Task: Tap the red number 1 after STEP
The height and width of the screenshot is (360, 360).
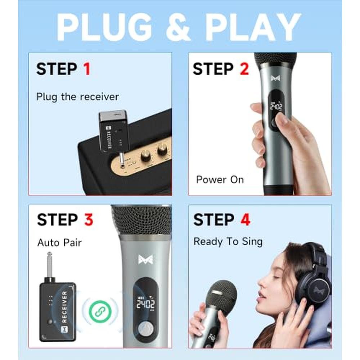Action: pyautogui.click(x=87, y=69)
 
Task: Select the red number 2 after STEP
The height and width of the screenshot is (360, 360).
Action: pyautogui.click(x=244, y=69)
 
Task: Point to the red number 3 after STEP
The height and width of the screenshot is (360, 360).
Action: pyautogui.click(x=89, y=220)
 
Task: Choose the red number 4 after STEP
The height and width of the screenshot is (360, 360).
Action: pyautogui.click(x=246, y=220)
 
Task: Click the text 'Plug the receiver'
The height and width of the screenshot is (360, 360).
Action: pyautogui.click(x=78, y=97)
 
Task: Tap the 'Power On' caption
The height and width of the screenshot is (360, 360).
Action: pyautogui.click(x=220, y=180)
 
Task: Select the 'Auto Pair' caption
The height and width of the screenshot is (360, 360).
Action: pyautogui.click(x=59, y=243)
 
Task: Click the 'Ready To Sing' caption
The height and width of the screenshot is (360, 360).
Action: pyautogui.click(x=228, y=242)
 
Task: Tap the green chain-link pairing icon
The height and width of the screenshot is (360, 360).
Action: pyautogui.click(x=100, y=311)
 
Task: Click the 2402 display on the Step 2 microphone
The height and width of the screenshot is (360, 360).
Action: pyautogui.click(x=276, y=107)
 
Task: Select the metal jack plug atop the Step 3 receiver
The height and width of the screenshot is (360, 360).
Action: pyautogui.click(x=49, y=266)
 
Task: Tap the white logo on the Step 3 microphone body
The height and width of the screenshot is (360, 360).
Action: pyautogui.click(x=145, y=260)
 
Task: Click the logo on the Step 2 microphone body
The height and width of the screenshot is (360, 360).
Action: pyautogui.click(x=275, y=78)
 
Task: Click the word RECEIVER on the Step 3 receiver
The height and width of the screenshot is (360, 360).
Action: pyautogui.click(x=64, y=307)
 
